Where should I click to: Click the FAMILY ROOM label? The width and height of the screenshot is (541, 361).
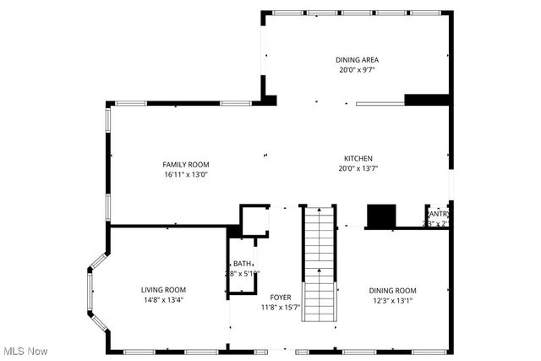[x=186, y=164]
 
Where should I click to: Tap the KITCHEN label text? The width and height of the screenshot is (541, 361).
[x=358, y=158]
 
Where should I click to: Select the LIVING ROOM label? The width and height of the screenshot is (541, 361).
[x=163, y=289]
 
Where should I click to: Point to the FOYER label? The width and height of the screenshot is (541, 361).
[x=281, y=297]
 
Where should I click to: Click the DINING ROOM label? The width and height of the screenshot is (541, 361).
[x=395, y=290]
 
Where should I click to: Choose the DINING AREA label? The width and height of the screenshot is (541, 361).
[x=357, y=59]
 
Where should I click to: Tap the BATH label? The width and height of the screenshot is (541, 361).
[x=243, y=263]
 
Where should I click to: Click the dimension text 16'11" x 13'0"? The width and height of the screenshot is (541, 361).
[x=186, y=174]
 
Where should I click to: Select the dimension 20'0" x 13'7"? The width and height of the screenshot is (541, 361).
[x=358, y=168]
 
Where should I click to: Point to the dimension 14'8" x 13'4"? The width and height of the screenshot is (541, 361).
[x=163, y=299]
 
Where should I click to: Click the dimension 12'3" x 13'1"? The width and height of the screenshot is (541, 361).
[x=395, y=300]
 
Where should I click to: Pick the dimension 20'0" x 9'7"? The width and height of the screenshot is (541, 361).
[x=357, y=69]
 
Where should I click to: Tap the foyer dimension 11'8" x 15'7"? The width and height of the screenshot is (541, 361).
[x=281, y=307]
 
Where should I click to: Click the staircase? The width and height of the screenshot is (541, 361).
[x=320, y=262]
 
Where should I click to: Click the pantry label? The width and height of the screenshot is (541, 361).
[x=438, y=215]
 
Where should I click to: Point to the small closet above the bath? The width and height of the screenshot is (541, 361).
[x=254, y=220]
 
